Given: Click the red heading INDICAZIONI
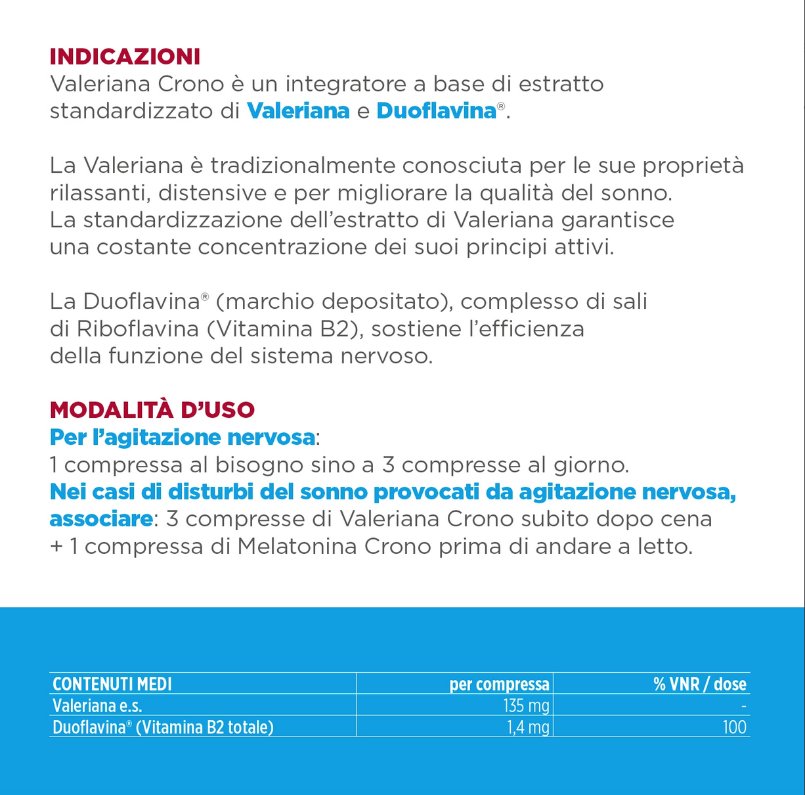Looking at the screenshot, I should [125, 57].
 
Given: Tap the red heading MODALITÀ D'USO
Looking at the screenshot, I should [152, 410].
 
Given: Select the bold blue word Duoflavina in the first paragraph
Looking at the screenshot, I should [436, 111].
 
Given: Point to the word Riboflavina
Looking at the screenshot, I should [138, 329].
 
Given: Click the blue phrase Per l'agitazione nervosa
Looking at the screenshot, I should [182, 438].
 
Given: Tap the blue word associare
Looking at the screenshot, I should [101, 519].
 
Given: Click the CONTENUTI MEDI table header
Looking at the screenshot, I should [112, 684].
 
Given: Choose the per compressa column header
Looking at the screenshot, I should [499, 684].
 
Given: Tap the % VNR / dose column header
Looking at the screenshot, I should [699, 684].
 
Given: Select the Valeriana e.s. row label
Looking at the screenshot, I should [97, 706].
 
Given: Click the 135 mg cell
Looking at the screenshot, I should [526, 706].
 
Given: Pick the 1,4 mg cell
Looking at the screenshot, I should [528, 727].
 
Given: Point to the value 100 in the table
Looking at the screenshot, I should [733, 727].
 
